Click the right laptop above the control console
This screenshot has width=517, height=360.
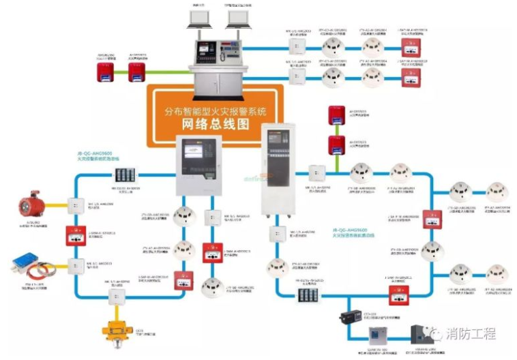238,18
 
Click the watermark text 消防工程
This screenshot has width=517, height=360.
470,333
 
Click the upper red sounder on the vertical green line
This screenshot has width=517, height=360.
335,115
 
